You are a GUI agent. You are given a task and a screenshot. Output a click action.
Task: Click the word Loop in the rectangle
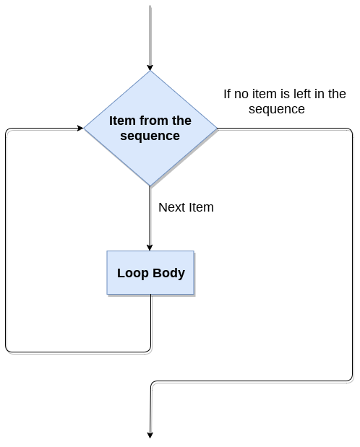pos(132,273)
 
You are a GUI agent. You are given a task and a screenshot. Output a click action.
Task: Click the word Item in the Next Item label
pos(201,207)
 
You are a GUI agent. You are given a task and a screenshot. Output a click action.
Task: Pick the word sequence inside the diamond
pos(150,136)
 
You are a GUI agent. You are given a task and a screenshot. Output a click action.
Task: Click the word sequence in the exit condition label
pos(276,110)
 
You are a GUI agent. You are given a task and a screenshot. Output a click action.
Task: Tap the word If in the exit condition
pos(226,94)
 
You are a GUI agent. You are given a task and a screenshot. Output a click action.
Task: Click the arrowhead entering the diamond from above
pos(150,66)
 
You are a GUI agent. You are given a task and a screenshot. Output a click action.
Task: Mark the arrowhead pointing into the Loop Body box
pos(150,247)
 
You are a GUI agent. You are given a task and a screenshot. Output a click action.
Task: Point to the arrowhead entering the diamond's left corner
pos(80,129)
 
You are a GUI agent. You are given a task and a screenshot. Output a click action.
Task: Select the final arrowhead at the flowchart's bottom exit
pos(150,434)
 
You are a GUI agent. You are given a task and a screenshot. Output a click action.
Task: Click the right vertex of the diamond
pos(217,129)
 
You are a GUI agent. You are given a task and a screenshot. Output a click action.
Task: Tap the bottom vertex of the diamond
pos(150,186)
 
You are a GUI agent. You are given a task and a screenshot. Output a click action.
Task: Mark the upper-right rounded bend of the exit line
pos(351,131)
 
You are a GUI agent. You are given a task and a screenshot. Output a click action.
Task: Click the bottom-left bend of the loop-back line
pos(7,350)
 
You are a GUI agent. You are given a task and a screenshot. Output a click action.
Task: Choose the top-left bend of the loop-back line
pos(7,131)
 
